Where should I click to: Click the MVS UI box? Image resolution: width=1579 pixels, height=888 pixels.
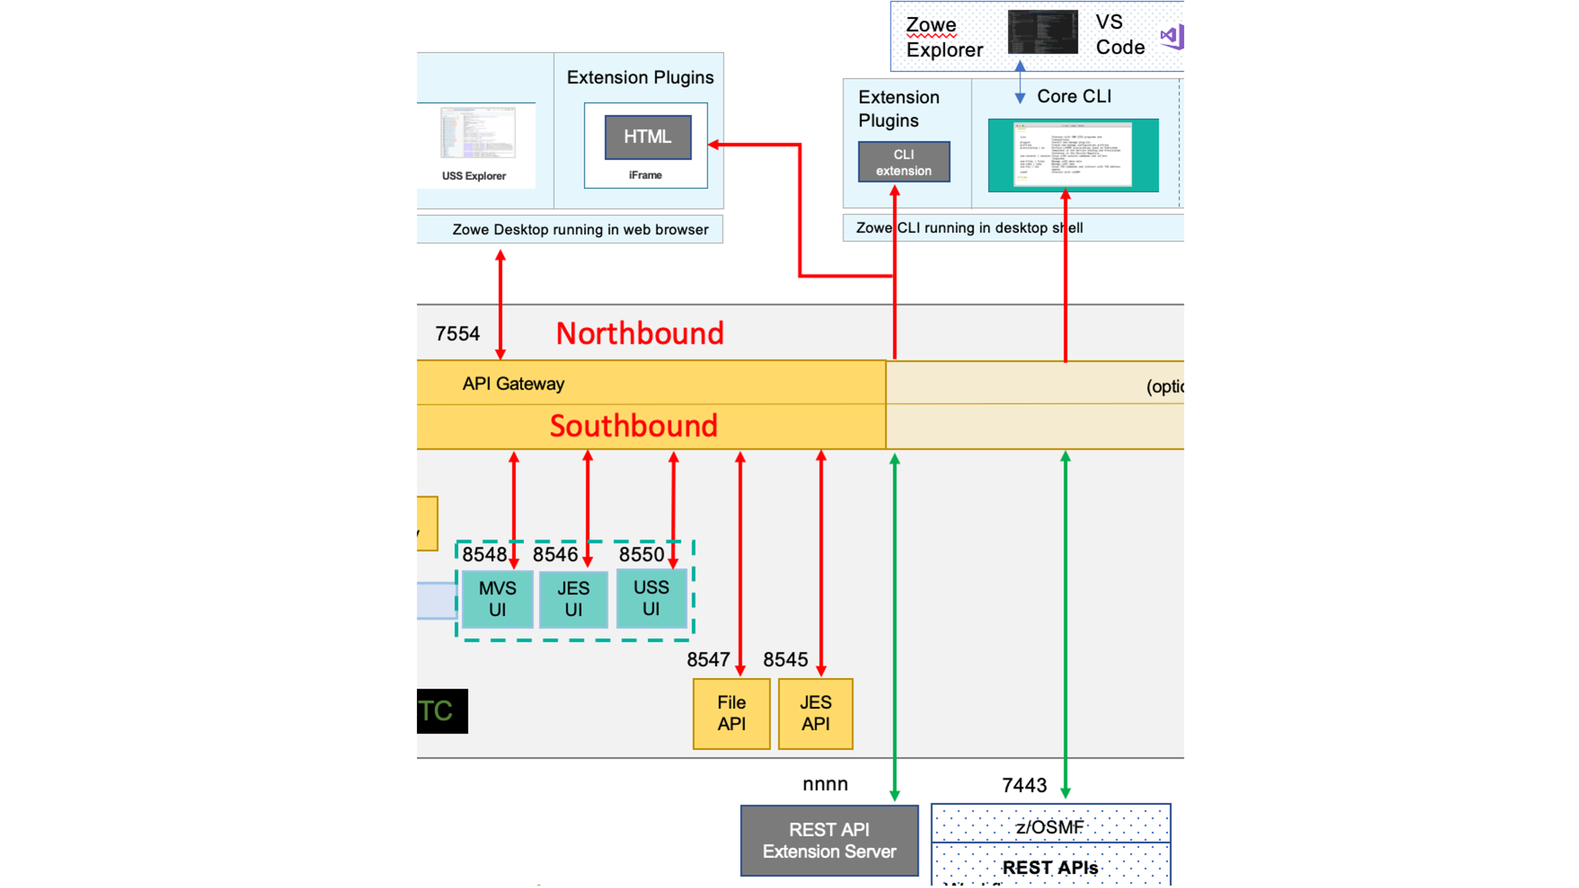(x=497, y=598)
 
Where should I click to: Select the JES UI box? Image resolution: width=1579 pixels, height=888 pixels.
(x=573, y=598)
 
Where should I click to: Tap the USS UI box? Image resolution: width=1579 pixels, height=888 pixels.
(x=651, y=598)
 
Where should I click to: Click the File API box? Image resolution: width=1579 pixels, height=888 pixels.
(x=731, y=713)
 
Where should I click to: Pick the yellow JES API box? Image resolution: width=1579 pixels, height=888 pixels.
(x=815, y=713)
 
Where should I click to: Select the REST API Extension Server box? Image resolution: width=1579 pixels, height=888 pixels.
(x=829, y=840)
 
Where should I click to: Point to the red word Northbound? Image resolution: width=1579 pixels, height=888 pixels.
(x=639, y=333)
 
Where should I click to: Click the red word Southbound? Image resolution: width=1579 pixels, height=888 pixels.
(x=633, y=426)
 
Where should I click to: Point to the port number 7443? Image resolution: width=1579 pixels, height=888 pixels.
(x=1024, y=785)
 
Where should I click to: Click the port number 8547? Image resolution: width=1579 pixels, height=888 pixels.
(x=708, y=660)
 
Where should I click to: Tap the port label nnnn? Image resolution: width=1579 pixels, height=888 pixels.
(x=825, y=784)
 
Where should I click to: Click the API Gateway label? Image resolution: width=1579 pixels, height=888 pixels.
(x=513, y=384)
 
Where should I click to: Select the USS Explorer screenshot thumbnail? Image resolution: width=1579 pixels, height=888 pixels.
(x=478, y=133)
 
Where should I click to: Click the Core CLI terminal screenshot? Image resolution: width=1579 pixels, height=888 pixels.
(x=1072, y=154)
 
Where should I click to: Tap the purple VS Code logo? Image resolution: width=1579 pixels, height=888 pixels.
(x=1171, y=37)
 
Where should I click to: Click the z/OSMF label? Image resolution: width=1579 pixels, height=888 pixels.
(x=1049, y=827)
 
